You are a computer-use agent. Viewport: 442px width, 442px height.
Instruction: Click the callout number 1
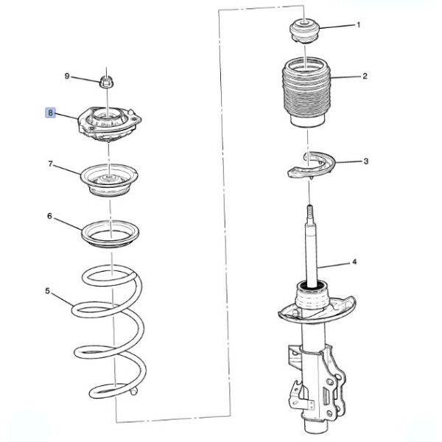point(359,25)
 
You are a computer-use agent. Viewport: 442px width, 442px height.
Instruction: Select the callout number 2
point(365,76)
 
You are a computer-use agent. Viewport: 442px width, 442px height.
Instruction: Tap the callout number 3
point(366,161)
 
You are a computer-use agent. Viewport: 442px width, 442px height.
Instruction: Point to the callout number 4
point(354,262)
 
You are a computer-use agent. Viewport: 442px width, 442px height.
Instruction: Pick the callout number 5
point(47,291)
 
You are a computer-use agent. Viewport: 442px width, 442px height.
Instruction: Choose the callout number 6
point(49,216)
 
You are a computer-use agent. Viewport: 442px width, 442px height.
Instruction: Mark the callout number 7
point(50,164)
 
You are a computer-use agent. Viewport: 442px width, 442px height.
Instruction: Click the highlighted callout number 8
point(50,113)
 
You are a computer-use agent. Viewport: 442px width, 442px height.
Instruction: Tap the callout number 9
point(67,76)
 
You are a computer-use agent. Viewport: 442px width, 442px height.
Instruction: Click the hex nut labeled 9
point(105,82)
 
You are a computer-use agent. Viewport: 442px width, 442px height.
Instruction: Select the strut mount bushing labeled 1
point(304,30)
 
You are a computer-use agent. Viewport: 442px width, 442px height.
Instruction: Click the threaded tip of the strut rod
point(309,211)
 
